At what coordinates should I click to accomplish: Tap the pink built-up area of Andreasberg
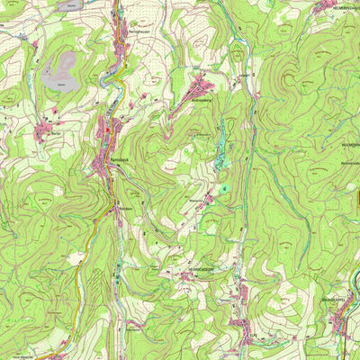click(x=200, y=88)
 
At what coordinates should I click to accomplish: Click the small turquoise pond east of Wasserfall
click(x=225, y=187)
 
